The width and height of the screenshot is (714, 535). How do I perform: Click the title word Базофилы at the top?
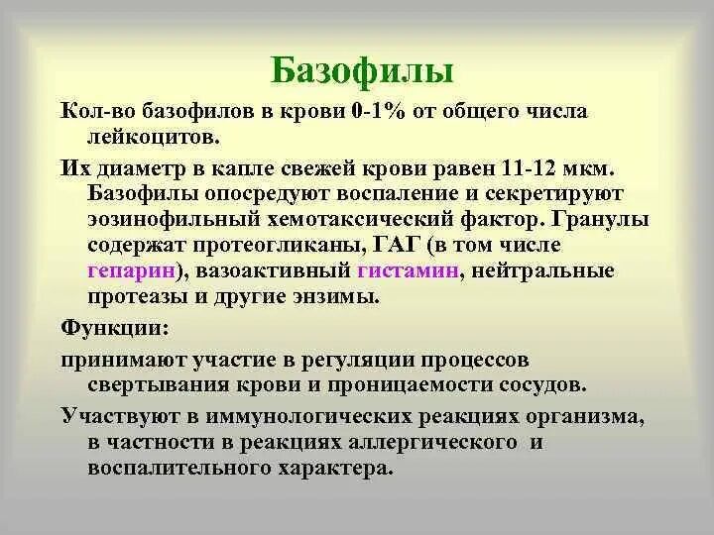pyautogui.click(x=362, y=70)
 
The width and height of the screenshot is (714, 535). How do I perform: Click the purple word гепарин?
pyautogui.click(x=131, y=270)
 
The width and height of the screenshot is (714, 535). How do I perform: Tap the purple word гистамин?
pyautogui.click(x=409, y=270)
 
